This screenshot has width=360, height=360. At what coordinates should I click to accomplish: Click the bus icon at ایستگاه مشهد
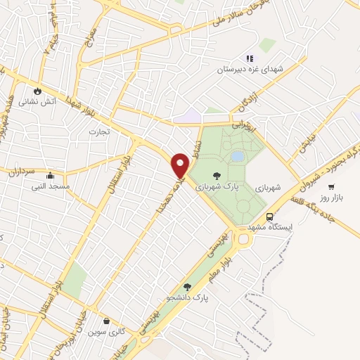[x=270, y=217]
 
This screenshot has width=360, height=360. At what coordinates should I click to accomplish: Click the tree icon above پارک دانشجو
[x=187, y=286]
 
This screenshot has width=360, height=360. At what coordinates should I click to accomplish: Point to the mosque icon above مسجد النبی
[x=50, y=176]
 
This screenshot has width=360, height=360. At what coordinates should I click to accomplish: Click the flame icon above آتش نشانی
[x=37, y=91]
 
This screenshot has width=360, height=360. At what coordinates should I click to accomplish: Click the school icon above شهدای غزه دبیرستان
[x=248, y=59]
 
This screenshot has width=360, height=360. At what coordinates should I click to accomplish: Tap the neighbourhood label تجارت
[x=96, y=131]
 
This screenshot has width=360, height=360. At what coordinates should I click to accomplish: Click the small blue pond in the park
[x=238, y=155]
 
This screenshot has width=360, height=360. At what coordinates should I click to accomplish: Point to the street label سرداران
[x=22, y=169]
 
